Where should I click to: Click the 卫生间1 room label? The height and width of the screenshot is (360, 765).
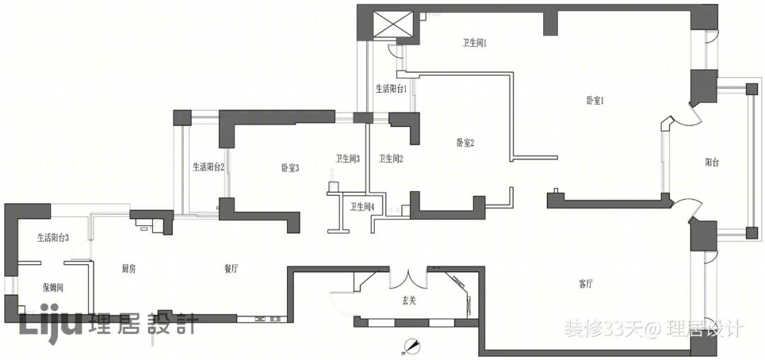[475, 43]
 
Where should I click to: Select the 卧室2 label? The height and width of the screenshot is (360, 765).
[465, 142]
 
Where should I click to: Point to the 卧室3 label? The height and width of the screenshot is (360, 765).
[290, 168]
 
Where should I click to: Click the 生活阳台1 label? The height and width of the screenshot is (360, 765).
[391, 89]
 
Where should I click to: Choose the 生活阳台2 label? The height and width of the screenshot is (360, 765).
[208, 167]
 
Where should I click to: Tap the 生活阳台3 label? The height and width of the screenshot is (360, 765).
[52, 237]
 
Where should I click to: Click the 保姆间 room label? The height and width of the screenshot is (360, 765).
[53, 288]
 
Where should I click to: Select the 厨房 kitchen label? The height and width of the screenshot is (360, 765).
[128, 268]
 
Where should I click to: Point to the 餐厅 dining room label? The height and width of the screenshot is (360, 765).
[231, 268]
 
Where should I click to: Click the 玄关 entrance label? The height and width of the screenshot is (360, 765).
[409, 301]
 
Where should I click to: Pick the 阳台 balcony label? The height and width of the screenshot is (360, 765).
[712, 163]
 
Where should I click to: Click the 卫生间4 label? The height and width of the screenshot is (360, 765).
[362, 207]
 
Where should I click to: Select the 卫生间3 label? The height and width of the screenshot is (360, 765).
[347, 159]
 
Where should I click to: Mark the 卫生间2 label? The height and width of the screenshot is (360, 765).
[391, 159]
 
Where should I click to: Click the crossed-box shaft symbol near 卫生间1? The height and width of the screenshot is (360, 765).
[393, 24]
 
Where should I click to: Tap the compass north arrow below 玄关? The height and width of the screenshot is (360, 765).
[412, 346]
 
